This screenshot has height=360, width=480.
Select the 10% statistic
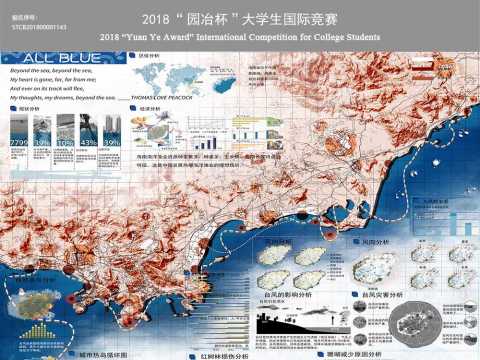(63, 142)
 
